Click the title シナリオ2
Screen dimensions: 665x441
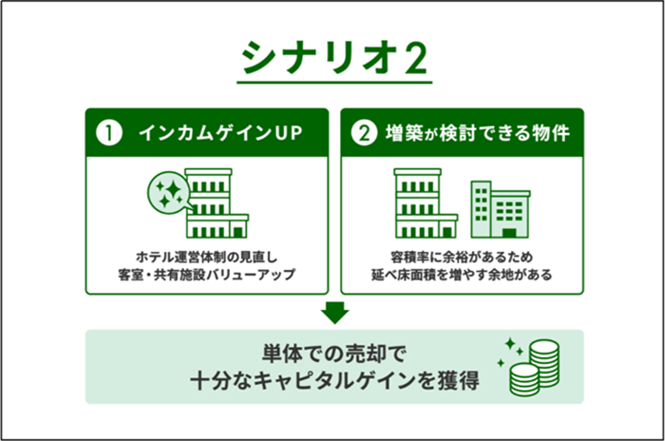tap(334, 58)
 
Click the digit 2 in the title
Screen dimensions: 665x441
tap(414, 59)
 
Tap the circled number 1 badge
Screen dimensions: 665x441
tap(109, 133)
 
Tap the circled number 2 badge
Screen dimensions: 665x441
tap(364, 133)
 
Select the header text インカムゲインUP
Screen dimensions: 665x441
tap(220, 133)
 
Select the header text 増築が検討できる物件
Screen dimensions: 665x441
tap(477, 133)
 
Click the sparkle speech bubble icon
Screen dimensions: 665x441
tap(170, 193)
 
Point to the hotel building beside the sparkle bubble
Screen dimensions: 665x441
tap(217, 203)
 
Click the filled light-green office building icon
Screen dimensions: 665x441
tap(501, 209)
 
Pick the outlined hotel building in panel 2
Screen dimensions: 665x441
tap(426, 203)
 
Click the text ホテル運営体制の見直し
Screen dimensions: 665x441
tap(206, 257)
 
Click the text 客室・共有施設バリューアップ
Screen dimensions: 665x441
tap(206, 275)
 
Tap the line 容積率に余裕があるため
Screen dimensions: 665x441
tap(462, 257)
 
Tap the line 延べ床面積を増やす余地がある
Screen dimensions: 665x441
tap(462, 275)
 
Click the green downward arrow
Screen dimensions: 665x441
tap(334, 313)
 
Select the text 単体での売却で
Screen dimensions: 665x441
tap(333, 354)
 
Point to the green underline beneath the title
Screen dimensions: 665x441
tap(334, 82)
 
